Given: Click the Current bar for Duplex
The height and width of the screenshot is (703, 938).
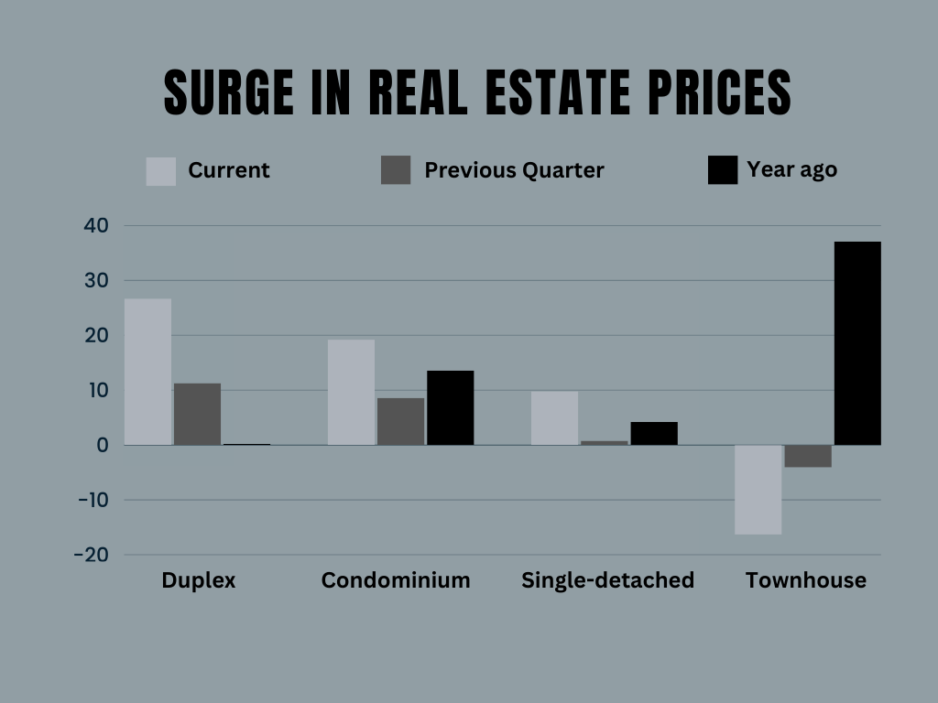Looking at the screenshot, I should pyautogui.click(x=147, y=372).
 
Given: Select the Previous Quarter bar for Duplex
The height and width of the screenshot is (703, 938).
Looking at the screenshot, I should pyautogui.click(x=197, y=414).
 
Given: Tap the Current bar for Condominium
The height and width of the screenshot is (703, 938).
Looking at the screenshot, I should pyautogui.click(x=351, y=392).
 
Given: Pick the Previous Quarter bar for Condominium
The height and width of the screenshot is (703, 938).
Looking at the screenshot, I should pyautogui.click(x=400, y=421).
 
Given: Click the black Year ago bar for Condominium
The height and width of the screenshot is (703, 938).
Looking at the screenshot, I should pyautogui.click(x=450, y=407).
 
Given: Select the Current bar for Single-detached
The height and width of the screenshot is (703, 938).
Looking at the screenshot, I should pyautogui.click(x=554, y=418).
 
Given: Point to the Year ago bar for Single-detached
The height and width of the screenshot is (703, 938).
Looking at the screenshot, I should pyautogui.click(x=653, y=433).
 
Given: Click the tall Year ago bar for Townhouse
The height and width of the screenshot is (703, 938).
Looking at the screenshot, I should pyautogui.click(x=856, y=343).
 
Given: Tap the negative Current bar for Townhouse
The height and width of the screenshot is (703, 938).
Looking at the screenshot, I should pyautogui.click(x=758, y=490).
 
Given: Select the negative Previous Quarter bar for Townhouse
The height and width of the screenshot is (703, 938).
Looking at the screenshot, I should pyautogui.click(x=807, y=456).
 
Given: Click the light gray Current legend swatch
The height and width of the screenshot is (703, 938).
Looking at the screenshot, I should pyautogui.click(x=160, y=171).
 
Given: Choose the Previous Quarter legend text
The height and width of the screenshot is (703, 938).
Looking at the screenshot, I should pyautogui.click(x=514, y=170).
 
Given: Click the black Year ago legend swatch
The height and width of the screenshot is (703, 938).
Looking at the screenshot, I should pyautogui.click(x=722, y=171).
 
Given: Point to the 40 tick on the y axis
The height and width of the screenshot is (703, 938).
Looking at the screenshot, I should pyautogui.click(x=96, y=225).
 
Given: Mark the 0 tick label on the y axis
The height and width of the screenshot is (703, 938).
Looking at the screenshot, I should pyautogui.click(x=103, y=445).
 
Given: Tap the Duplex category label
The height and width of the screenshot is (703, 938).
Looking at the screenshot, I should pyautogui.click(x=198, y=580).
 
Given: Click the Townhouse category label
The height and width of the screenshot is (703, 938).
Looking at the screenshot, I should pyautogui.click(x=805, y=580).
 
